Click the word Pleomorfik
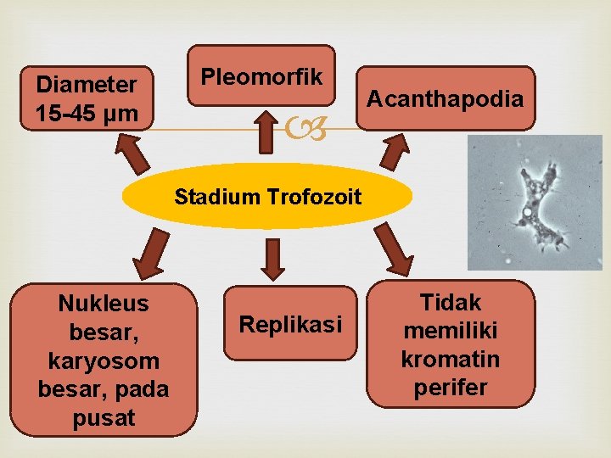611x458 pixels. pos(261,77)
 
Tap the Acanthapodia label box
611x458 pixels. pos(445,99)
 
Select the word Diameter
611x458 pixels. pos(86,85)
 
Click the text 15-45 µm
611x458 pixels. pos(87,113)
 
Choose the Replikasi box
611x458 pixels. pos(290,324)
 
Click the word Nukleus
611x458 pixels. pos(104,304)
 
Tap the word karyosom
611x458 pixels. pos(104,360)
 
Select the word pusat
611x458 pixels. pos(104,418)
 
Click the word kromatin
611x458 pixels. pos(451,359)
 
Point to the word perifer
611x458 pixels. pos(451,388)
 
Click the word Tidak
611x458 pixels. pos(451,302)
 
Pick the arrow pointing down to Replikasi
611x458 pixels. pos(272,259)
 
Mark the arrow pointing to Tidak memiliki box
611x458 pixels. pos(395,254)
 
